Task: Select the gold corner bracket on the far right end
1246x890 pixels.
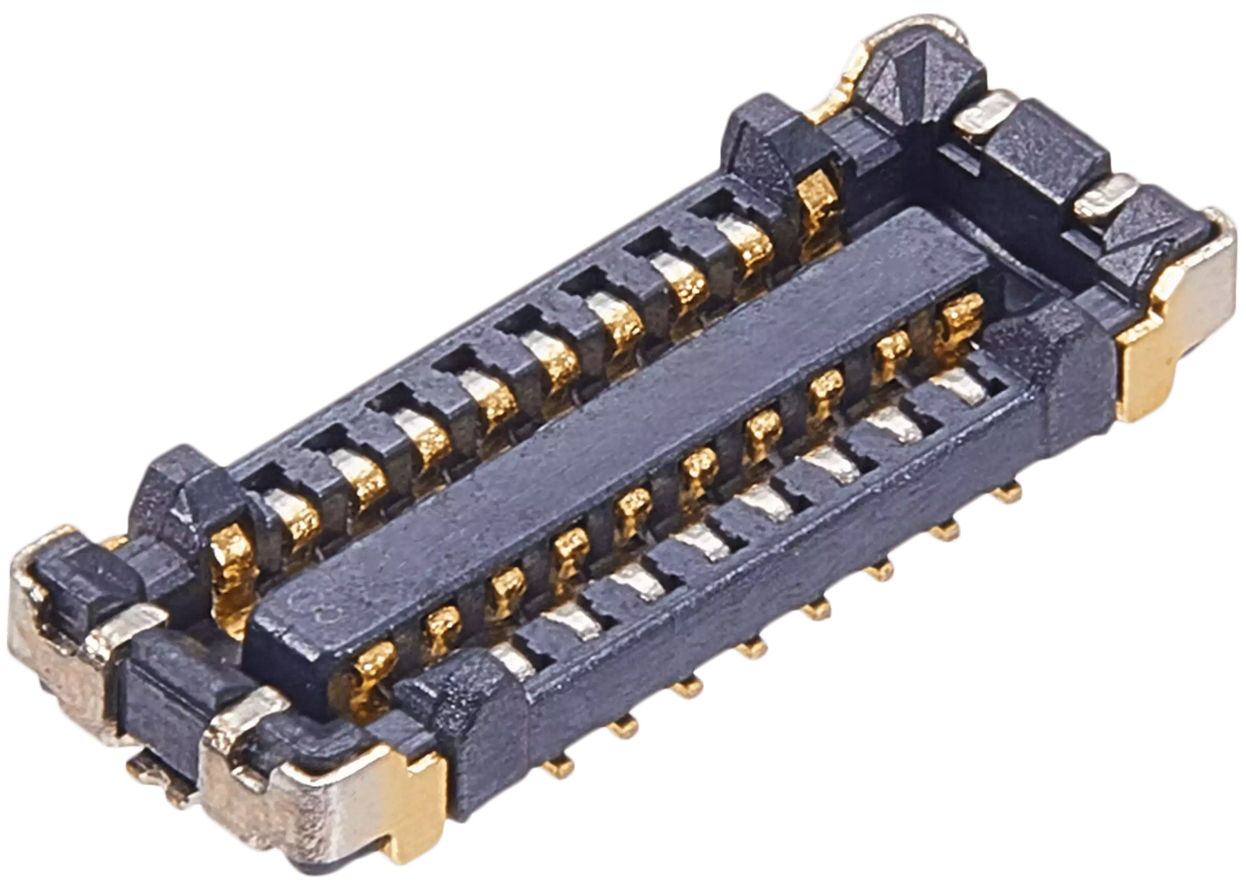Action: [x=1177, y=311]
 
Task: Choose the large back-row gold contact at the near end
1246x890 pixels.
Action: [x=232, y=561]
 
